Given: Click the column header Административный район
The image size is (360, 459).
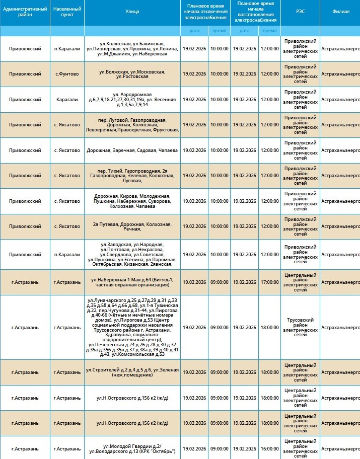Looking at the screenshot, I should click(x=25, y=12).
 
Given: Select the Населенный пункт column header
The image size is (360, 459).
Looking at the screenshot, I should click(x=67, y=12).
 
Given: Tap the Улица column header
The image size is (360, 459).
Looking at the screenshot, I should click(x=132, y=12).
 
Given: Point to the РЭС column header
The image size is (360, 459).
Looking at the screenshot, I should click(x=300, y=12).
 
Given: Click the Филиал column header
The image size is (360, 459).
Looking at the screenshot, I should click(x=341, y=12).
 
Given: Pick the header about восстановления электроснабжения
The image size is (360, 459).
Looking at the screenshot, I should click(x=256, y=12).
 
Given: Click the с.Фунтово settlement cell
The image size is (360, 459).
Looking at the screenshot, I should click(x=67, y=74).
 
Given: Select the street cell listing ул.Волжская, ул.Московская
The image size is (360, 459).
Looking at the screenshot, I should click(x=132, y=74).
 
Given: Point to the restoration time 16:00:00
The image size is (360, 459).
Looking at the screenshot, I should click(x=269, y=448).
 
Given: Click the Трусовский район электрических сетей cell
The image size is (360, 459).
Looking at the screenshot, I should click(x=300, y=327).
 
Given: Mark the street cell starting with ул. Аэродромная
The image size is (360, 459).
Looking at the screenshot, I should click(x=132, y=99).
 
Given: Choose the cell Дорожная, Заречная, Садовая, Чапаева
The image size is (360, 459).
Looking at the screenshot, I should click(x=132, y=150).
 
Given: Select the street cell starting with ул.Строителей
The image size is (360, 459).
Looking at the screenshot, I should click(x=132, y=372).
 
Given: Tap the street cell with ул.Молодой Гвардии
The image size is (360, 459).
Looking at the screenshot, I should click(x=132, y=448).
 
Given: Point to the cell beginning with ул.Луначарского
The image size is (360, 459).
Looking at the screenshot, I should click(x=132, y=327).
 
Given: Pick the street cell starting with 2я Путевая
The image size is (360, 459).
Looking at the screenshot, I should click(x=132, y=226).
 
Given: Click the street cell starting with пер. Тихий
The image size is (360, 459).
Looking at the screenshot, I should click(x=132, y=176).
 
